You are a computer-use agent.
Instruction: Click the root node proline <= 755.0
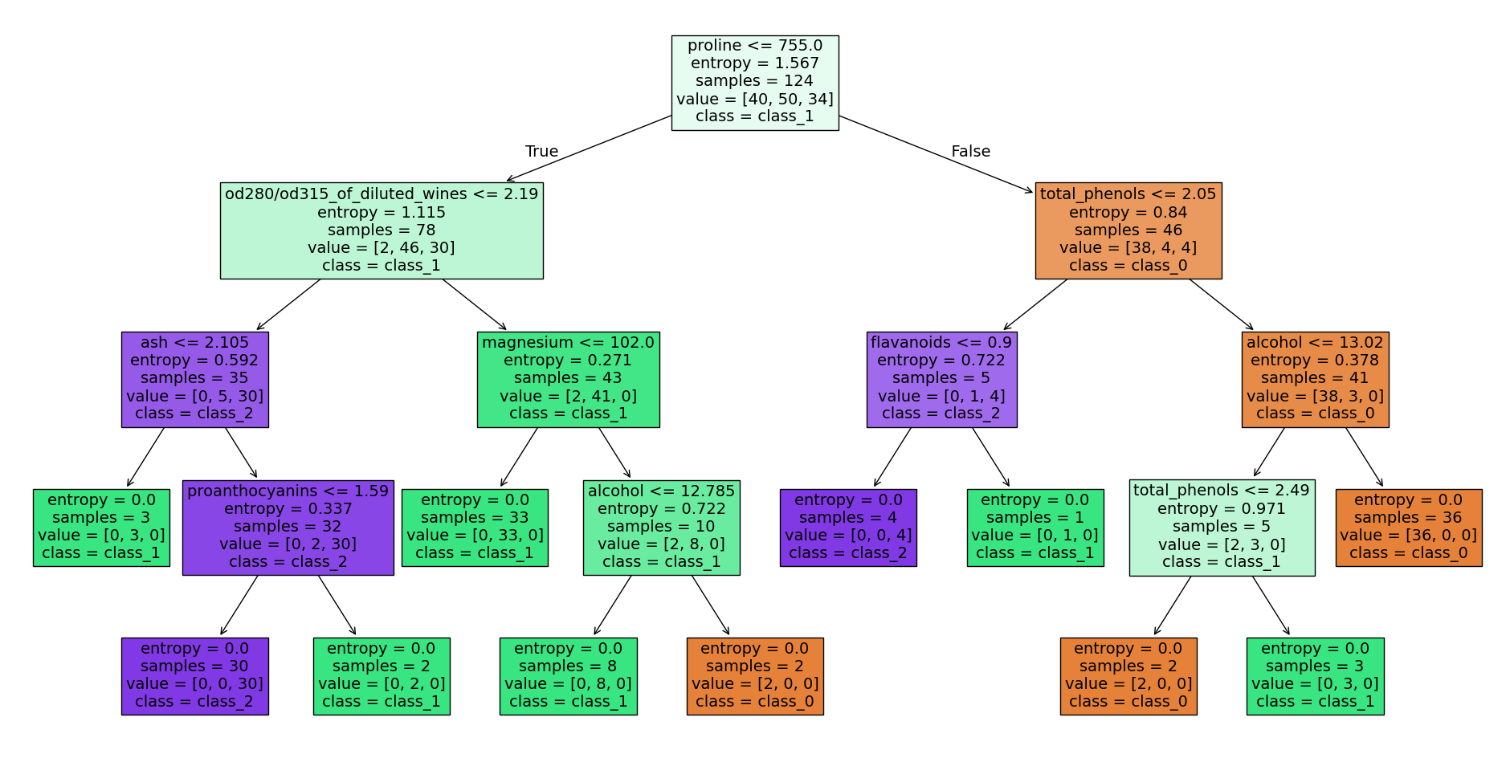pos(754,82)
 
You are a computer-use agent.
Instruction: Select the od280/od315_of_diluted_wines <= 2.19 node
pos(382,230)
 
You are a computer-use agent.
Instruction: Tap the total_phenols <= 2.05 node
pos(1128,230)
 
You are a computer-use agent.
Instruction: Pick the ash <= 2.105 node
pos(194,379)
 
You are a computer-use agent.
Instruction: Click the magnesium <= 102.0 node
pos(568,379)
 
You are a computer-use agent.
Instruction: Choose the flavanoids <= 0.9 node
pos(941,379)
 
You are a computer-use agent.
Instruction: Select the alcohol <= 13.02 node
pos(1315,379)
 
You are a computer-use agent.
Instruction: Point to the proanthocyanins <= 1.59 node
pos(288,528)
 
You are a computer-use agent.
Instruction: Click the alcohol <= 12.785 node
pos(661,528)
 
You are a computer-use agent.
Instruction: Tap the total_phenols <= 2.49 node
pos(1222,528)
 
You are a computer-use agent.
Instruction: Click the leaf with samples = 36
pos(1408,528)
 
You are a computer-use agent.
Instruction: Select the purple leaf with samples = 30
pos(194,676)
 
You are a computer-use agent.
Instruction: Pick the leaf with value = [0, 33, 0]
pos(475,528)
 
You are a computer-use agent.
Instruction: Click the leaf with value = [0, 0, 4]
pos(848,528)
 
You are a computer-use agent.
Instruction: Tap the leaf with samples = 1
pos(1035,528)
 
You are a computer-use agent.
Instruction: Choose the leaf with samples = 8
pos(568,676)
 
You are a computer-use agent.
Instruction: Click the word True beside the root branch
pos(541,151)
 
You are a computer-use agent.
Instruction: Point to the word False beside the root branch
pos(970,151)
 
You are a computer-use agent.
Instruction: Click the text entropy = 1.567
pos(754,63)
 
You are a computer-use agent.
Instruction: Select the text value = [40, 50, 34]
pos(754,99)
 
